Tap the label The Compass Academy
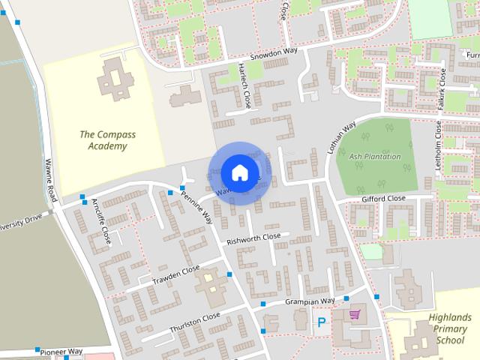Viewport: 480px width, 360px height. (103, 140)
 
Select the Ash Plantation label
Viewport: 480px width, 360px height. (375, 157)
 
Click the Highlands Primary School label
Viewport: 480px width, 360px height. (449, 328)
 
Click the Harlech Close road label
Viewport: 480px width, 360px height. (244, 85)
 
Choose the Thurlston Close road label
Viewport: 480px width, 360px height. (194, 321)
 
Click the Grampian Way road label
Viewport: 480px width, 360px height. (309, 301)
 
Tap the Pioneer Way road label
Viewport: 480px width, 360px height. (61, 351)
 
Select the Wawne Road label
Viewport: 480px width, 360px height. (50, 179)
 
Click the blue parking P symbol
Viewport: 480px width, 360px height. (321, 323)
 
